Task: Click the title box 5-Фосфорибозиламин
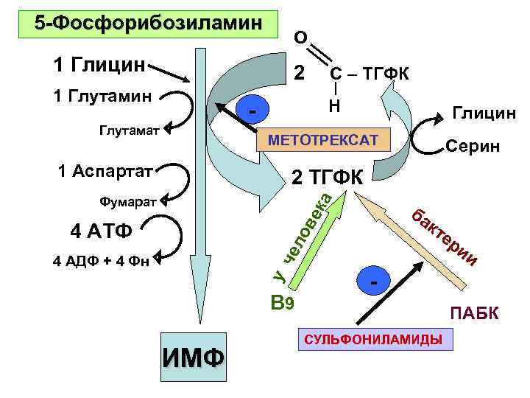point(149,24)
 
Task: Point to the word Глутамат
point(128,130)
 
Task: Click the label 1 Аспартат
point(105,172)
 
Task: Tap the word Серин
point(473,147)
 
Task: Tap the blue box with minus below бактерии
point(375,281)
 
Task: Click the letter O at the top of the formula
point(300,36)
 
